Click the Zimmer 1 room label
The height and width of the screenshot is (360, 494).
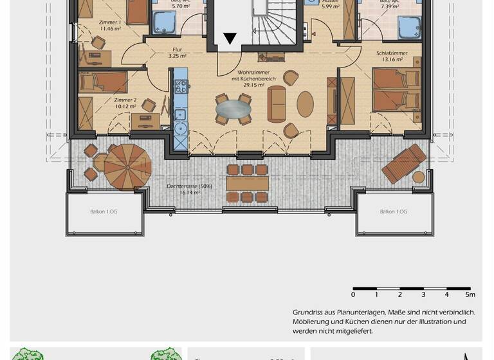110,22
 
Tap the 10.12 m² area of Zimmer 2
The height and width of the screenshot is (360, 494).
125,107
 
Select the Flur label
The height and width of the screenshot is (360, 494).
177,49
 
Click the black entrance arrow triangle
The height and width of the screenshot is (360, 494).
229,39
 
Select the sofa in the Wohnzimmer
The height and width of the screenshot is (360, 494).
278,104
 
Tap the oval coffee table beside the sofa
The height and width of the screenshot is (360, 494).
305,103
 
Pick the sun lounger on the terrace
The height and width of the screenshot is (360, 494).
403,163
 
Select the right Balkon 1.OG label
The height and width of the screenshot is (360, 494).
393,212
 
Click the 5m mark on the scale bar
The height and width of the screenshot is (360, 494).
471,294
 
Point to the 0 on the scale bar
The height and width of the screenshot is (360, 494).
353,294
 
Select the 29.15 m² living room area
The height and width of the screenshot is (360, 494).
254,84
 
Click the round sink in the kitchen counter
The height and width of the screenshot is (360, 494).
181,128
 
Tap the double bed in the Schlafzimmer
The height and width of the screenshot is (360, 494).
394,91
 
